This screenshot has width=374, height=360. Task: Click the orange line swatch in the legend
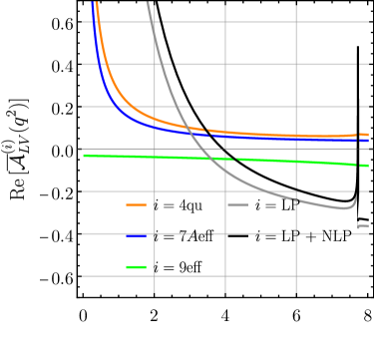(136, 204)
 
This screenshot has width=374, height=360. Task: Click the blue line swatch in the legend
(136, 235)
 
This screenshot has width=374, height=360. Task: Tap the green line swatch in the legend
(136, 267)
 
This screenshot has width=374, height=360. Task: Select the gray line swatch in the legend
(237, 204)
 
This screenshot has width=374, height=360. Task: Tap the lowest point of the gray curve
(342, 209)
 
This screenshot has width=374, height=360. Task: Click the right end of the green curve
(369, 166)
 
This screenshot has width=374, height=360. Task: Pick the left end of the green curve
(83, 155)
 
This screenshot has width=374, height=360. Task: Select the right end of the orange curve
(369, 134)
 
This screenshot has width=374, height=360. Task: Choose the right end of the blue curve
(369, 142)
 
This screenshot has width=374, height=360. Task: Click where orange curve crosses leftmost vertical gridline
(155, 117)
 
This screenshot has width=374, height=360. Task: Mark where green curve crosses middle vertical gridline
(225, 159)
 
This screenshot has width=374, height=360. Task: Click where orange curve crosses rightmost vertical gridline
(296, 136)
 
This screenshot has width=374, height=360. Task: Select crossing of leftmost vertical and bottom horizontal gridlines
(155, 276)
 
